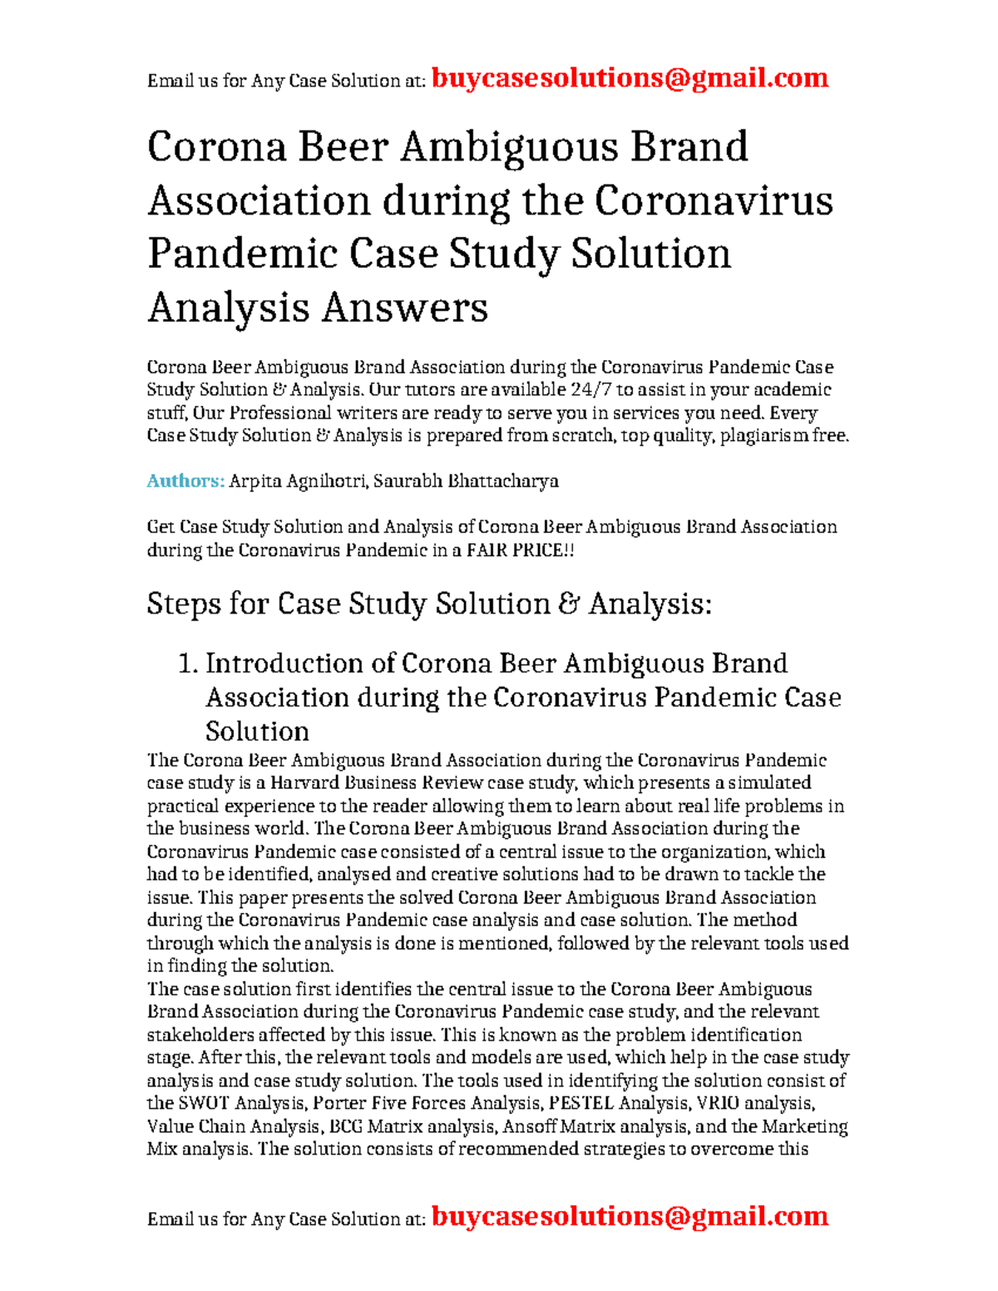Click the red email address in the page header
(x=630, y=78)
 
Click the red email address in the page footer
(x=630, y=1216)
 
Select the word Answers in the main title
(x=404, y=308)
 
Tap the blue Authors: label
(x=185, y=480)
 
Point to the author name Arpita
(x=254, y=480)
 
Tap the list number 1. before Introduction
(x=189, y=663)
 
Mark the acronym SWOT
(x=204, y=1103)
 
